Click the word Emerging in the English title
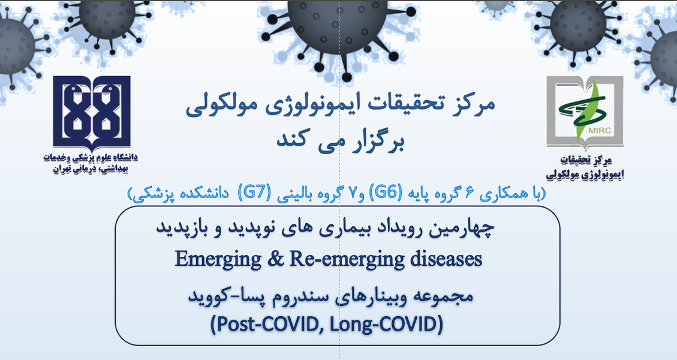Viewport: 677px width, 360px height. pyautogui.click(x=210, y=260)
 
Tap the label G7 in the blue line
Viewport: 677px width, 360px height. pyautogui.click(x=251, y=193)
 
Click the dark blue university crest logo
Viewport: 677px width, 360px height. pyautogui.click(x=92, y=112)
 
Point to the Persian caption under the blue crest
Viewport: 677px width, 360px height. pyautogui.click(x=91, y=163)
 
